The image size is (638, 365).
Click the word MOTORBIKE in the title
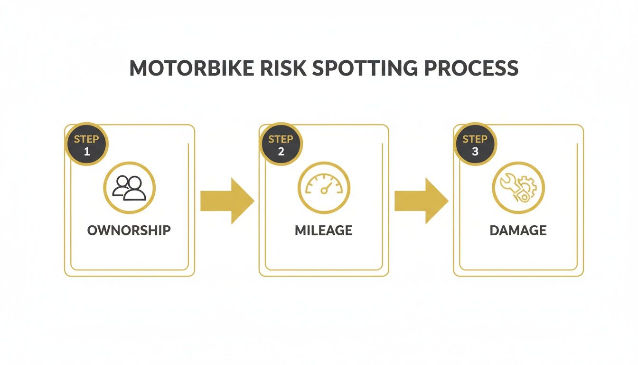pyautogui.click(x=192, y=68)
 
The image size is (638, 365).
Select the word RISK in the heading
pyautogui.click(x=283, y=68)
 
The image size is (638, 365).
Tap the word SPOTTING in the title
pyautogui.click(x=365, y=68)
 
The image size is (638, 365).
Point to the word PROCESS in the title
pyautogui.click(x=471, y=68)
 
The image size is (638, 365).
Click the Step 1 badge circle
pyautogui.click(x=86, y=144)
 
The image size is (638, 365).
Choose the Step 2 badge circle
pyautogui.click(x=281, y=144)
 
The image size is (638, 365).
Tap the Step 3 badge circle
pyautogui.click(x=475, y=144)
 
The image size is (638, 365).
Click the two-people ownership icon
pyautogui.click(x=129, y=188)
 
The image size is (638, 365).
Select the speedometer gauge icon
pyautogui.click(x=324, y=184)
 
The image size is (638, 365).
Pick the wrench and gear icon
pyautogui.click(x=518, y=188)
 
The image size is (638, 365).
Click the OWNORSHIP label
pyautogui.click(x=129, y=231)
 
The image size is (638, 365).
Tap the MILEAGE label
pyautogui.click(x=324, y=231)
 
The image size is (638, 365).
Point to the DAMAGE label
pyautogui.click(x=518, y=231)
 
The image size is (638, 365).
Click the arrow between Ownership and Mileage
pyautogui.click(x=227, y=201)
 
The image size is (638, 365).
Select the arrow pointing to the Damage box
pyautogui.click(x=422, y=201)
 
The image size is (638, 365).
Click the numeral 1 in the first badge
pyautogui.click(x=87, y=152)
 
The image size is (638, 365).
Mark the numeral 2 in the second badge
pyautogui.click(x=281, y=152)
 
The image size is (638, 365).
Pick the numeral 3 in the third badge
pyautogui.click(x=475, y=152)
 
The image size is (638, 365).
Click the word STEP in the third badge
pyautogui.click(x=475, y=139)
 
